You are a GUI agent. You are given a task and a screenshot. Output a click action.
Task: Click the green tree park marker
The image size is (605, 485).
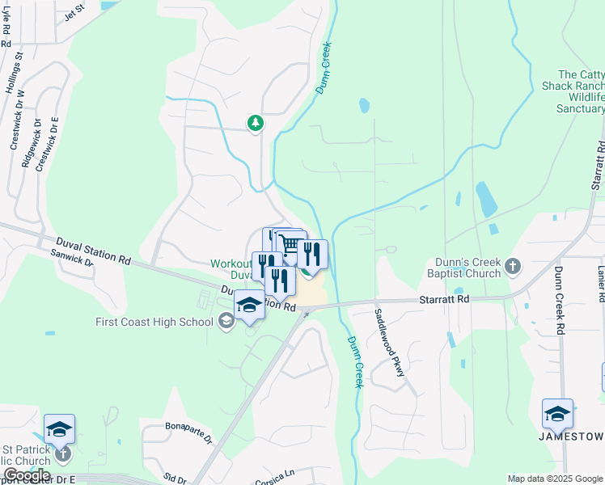tap(256, 123)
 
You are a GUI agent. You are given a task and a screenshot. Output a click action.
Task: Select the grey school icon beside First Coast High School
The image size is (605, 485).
tap(226, 323)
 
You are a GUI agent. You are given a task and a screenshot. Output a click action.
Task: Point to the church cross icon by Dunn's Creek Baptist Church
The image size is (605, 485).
tap(512, 265)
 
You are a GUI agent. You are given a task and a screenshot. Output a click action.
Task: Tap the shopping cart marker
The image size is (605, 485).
tap(290, 244)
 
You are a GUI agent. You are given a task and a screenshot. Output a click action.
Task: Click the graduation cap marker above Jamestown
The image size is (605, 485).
tap(557, 414)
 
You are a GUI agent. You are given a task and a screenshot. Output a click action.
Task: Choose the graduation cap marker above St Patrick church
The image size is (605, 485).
tap(59, 428)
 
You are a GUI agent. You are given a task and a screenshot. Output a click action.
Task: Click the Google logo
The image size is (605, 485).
tap(27, 475)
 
